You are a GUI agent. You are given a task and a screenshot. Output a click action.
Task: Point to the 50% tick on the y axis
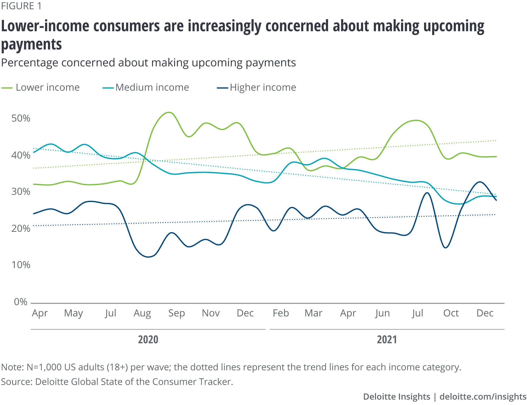click(x=21, y=118)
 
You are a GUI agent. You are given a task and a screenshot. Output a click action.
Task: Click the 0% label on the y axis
click(x=21, y=302)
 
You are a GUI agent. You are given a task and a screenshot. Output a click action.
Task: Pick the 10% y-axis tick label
click(x=21, y=265)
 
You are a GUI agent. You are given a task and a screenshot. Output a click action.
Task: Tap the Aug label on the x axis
click(x=142, y=313)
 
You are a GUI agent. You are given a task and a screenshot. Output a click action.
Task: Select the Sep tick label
click(x=177, y=313)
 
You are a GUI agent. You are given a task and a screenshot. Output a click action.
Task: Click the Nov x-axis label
click(x=211, y=313)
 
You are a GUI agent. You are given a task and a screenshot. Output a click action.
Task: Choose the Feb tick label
click(x=281, y=313)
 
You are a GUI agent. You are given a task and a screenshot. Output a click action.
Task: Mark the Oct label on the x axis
click(x=451, y=313)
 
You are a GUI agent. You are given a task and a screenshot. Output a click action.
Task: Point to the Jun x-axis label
click(x=382, y=313)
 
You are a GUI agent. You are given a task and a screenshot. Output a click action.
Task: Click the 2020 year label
click(x=148, y=340)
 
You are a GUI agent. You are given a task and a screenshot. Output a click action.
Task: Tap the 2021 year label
click(x=387, y=340)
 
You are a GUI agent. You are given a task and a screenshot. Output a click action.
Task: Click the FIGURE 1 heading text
click(x=21, y=6)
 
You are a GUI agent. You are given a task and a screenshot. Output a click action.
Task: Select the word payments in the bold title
click(x=31, y=44)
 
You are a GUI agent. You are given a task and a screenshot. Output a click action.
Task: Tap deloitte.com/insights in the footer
click(x=483, y=397)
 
